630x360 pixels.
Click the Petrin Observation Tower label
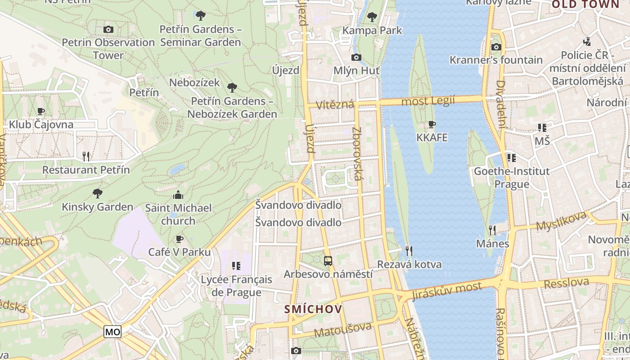coord(108,49)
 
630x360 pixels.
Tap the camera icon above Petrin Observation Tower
coord(108,30)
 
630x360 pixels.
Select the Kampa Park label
coord(372,31)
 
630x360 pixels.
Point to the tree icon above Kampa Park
coord(372,17)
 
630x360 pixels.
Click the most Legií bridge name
coord(428,101)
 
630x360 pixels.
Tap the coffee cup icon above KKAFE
coord(432,124)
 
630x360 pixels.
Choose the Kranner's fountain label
coord(496,60)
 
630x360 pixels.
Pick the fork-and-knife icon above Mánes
coord(492,230)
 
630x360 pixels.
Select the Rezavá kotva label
coord(409,264)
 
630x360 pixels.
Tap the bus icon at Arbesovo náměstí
coord(328,261)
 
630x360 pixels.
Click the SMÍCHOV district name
coord(313,310)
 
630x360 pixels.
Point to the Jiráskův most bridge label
coord(447,290)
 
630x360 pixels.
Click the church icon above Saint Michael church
coord(178,195)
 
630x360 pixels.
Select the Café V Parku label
coord(180,252)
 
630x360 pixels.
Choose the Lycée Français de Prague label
coord(236,286)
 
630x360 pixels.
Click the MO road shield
coord(112,332)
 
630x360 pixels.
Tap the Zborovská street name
coord(357,153)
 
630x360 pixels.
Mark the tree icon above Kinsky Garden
coord(97,193)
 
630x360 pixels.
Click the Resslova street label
coord(566,283)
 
